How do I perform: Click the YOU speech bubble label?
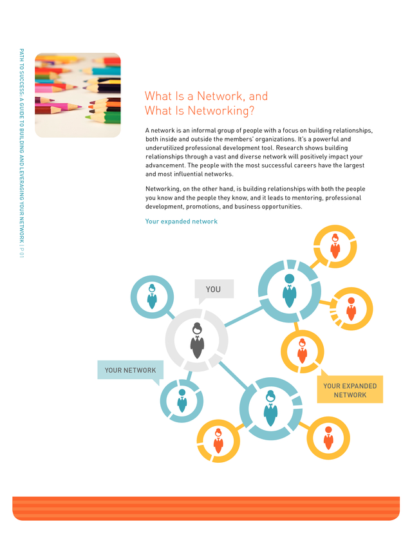point(214,289)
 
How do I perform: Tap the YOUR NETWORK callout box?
point(130,370)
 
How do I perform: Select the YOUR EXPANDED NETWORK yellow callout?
point(350,390)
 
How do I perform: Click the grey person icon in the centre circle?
point(197,341)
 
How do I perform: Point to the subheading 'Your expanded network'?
point(181,221)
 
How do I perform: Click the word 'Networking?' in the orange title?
point(221,111)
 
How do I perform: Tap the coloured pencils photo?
point(78,95)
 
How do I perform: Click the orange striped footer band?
point(206,508)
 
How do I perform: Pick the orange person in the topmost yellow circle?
point(335,246)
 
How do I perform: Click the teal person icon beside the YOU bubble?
point(152,296)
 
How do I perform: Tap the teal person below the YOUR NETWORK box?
point(182,401)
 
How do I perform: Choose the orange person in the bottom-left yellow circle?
point(218,441)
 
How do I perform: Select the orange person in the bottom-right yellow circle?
point(328,438)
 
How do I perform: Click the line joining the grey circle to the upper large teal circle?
point(244,317)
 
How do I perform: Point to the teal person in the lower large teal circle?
point(270,408)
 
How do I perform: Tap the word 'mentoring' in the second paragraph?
point(308,198)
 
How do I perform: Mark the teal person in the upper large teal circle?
point(290,291)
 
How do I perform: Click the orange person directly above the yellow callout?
point(302,351)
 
